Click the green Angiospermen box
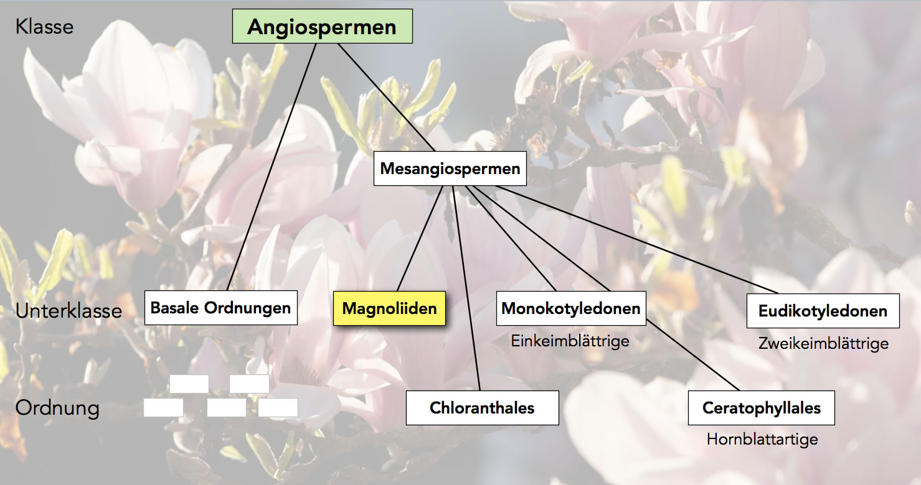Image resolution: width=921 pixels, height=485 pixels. [322, 26]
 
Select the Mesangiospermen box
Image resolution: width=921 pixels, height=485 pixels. [450, 169]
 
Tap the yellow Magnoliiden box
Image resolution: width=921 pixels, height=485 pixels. [389, 308]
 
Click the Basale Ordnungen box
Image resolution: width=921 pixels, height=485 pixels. [220, 308]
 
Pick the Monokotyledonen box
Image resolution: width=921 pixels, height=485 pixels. [570, 308]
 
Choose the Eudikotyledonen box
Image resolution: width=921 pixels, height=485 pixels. [823, 311]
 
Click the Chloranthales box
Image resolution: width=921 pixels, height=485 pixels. [482, 408]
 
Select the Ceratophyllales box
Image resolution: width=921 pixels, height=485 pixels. [761, 408]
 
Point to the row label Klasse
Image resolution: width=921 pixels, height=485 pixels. [44, 27]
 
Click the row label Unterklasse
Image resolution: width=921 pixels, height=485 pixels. [68, 311]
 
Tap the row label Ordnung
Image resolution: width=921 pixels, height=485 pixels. [57, 409]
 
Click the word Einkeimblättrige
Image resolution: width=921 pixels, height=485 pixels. [570, 341]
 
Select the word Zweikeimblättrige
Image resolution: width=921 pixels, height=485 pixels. [823, 343]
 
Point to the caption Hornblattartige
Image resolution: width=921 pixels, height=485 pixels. [762, 440]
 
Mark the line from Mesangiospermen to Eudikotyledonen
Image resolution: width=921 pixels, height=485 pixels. [635, 239]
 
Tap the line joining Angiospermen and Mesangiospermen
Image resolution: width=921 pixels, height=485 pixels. [386, 97]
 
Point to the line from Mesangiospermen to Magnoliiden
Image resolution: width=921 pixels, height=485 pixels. [420, 239]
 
